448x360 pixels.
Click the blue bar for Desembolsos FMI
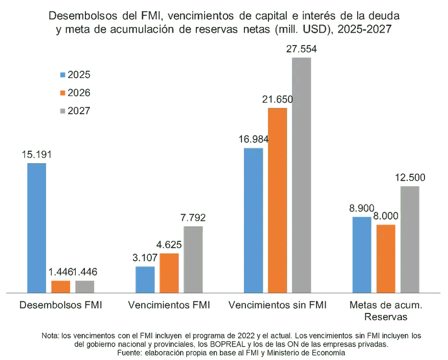tap(36, 228)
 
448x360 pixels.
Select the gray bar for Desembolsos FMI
tap(85, 285)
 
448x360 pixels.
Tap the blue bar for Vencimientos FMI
tap(145, 279)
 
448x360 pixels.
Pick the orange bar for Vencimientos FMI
tap(169, 272)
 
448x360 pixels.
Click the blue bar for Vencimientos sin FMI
tap(253, 219)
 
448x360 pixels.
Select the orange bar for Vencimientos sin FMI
tap(278, 200)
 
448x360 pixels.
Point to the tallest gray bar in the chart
tap(302, 175)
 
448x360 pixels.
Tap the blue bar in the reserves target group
tap(362, 254)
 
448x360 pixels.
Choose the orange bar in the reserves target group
tap(386, 258)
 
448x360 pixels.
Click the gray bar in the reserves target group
tap(411, 239)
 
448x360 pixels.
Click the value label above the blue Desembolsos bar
tap(36, 155)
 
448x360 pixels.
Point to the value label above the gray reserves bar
tap(411, 177)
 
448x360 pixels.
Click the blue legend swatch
tap(61, 75)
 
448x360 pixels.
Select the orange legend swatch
tap(61, 93)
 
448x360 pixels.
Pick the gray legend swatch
tap(61, 110)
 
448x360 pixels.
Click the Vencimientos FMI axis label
tap(169, 305)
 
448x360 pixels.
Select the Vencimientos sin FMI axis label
tap(278, 305)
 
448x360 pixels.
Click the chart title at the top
tap(224, 23)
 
